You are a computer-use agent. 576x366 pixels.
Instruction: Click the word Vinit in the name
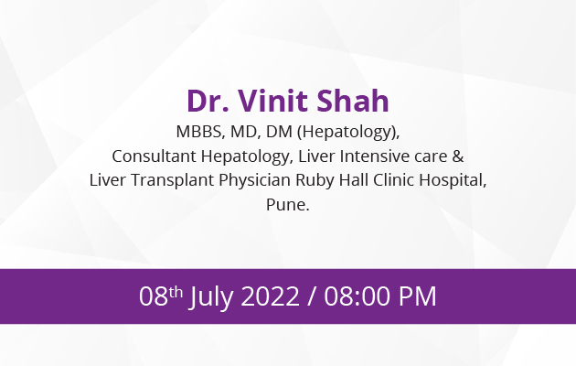[273, 101]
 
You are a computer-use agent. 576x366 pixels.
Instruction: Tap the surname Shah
[353, 101]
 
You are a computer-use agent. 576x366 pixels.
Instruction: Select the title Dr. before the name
[208, 101]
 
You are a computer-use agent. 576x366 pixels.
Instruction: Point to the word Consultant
[154, 156]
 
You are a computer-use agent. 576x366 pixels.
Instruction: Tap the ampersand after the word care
[458, 156]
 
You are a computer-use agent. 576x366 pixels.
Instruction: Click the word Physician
[254, 180]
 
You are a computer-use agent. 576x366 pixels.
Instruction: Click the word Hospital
[453, 180]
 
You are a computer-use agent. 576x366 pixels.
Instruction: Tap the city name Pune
[288, 205]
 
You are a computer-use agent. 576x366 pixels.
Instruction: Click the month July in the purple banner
[211, 296]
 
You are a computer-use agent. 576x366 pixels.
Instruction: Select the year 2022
[270, 296]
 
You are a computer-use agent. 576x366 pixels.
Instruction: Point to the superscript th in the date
[176, 292]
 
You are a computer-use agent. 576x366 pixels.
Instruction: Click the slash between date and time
[312, 296]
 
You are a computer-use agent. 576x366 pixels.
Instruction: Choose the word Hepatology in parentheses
[347, 132]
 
